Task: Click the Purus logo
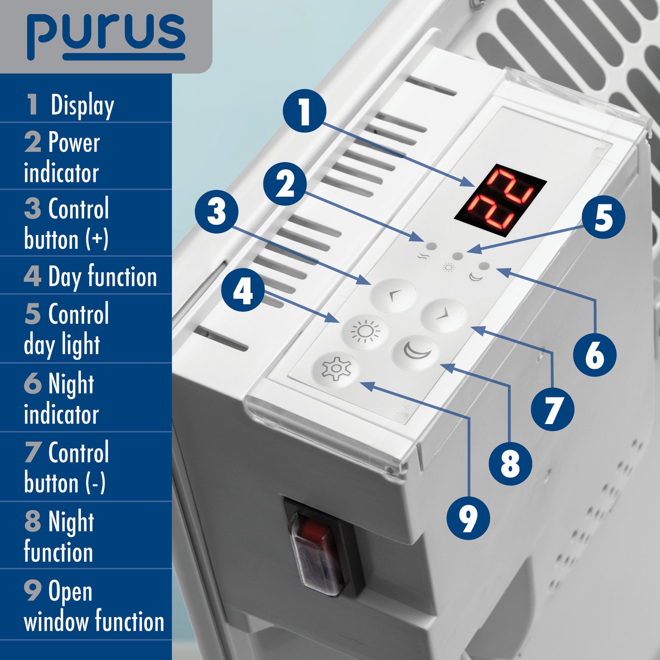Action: coord(106,37)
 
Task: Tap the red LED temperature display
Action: coord(500,200)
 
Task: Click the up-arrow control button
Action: coord(393,295)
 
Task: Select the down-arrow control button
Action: coord(443,316)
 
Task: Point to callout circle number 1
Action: coord(304,111)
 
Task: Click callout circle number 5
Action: coord(603,217)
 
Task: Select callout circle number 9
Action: coord(468,518)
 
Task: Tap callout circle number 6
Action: coord(595,354)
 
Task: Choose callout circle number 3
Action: coord(217,212)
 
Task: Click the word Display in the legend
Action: coord(82,106)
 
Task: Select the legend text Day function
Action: coord(102,277)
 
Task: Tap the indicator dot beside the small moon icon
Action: coord(485,266)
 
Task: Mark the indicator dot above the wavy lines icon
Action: coord(431,247)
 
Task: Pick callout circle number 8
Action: coord(510,463)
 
